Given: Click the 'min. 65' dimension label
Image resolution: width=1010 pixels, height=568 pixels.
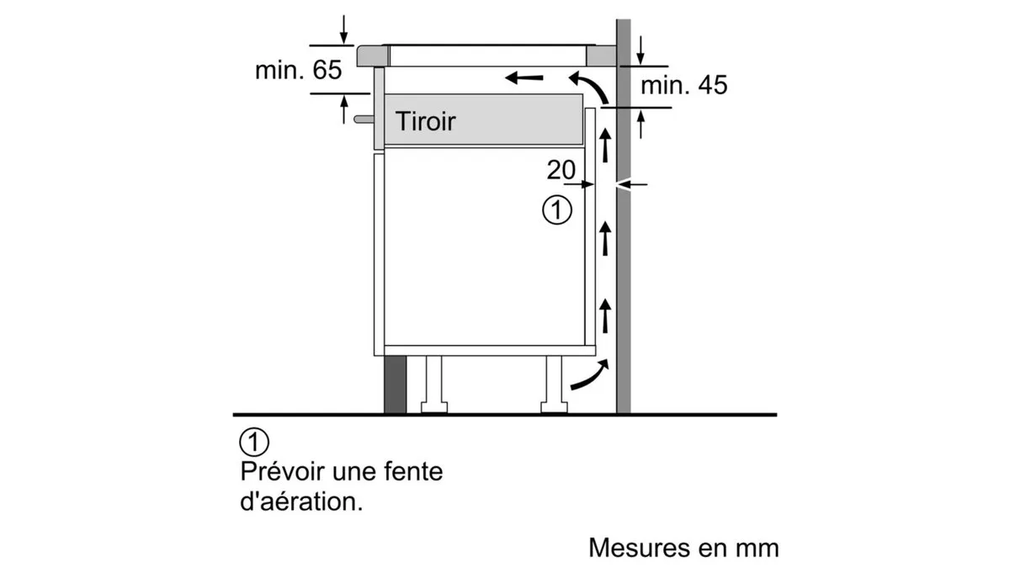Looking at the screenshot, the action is click(x=298, y=70).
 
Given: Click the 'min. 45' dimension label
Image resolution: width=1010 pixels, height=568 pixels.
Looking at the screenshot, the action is click(x=683, y=85).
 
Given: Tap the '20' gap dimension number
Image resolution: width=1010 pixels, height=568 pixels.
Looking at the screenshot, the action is click(x=561, y=170).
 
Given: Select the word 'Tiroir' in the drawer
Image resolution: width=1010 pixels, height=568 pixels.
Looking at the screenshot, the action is click(x=425, y=121).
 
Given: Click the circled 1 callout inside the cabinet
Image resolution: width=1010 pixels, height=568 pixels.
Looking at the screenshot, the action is click(x=557, y=210).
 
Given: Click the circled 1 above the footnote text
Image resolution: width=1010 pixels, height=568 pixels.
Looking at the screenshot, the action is click(x=254, y=442).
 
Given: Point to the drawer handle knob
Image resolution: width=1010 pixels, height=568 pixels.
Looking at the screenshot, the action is click(x=364, y=119).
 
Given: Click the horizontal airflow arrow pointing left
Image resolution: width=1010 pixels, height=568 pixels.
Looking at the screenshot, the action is click(x=524, y=78).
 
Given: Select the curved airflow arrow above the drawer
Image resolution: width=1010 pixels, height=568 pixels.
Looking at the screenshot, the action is click(x=592, y=85).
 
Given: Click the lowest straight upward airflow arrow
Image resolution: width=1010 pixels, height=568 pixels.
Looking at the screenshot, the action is click(x=605, y=316).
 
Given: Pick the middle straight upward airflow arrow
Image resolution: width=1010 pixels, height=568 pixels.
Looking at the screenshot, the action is click(x=605, y=238).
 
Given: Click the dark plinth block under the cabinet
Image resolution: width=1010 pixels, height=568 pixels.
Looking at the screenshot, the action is click(x=395, y=385).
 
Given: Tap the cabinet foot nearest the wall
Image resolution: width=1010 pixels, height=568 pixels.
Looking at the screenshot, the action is click(x=554, y=385).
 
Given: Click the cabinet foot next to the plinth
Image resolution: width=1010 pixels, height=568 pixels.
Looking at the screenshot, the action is click(x=433, y=385).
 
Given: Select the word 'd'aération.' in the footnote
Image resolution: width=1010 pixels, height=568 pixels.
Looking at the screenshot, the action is click(x=301, y=502).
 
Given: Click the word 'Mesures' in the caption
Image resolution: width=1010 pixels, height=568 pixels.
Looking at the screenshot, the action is click(x=640, y=548).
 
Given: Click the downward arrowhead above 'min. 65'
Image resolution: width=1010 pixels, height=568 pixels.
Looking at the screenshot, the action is click(x=344, y=39).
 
